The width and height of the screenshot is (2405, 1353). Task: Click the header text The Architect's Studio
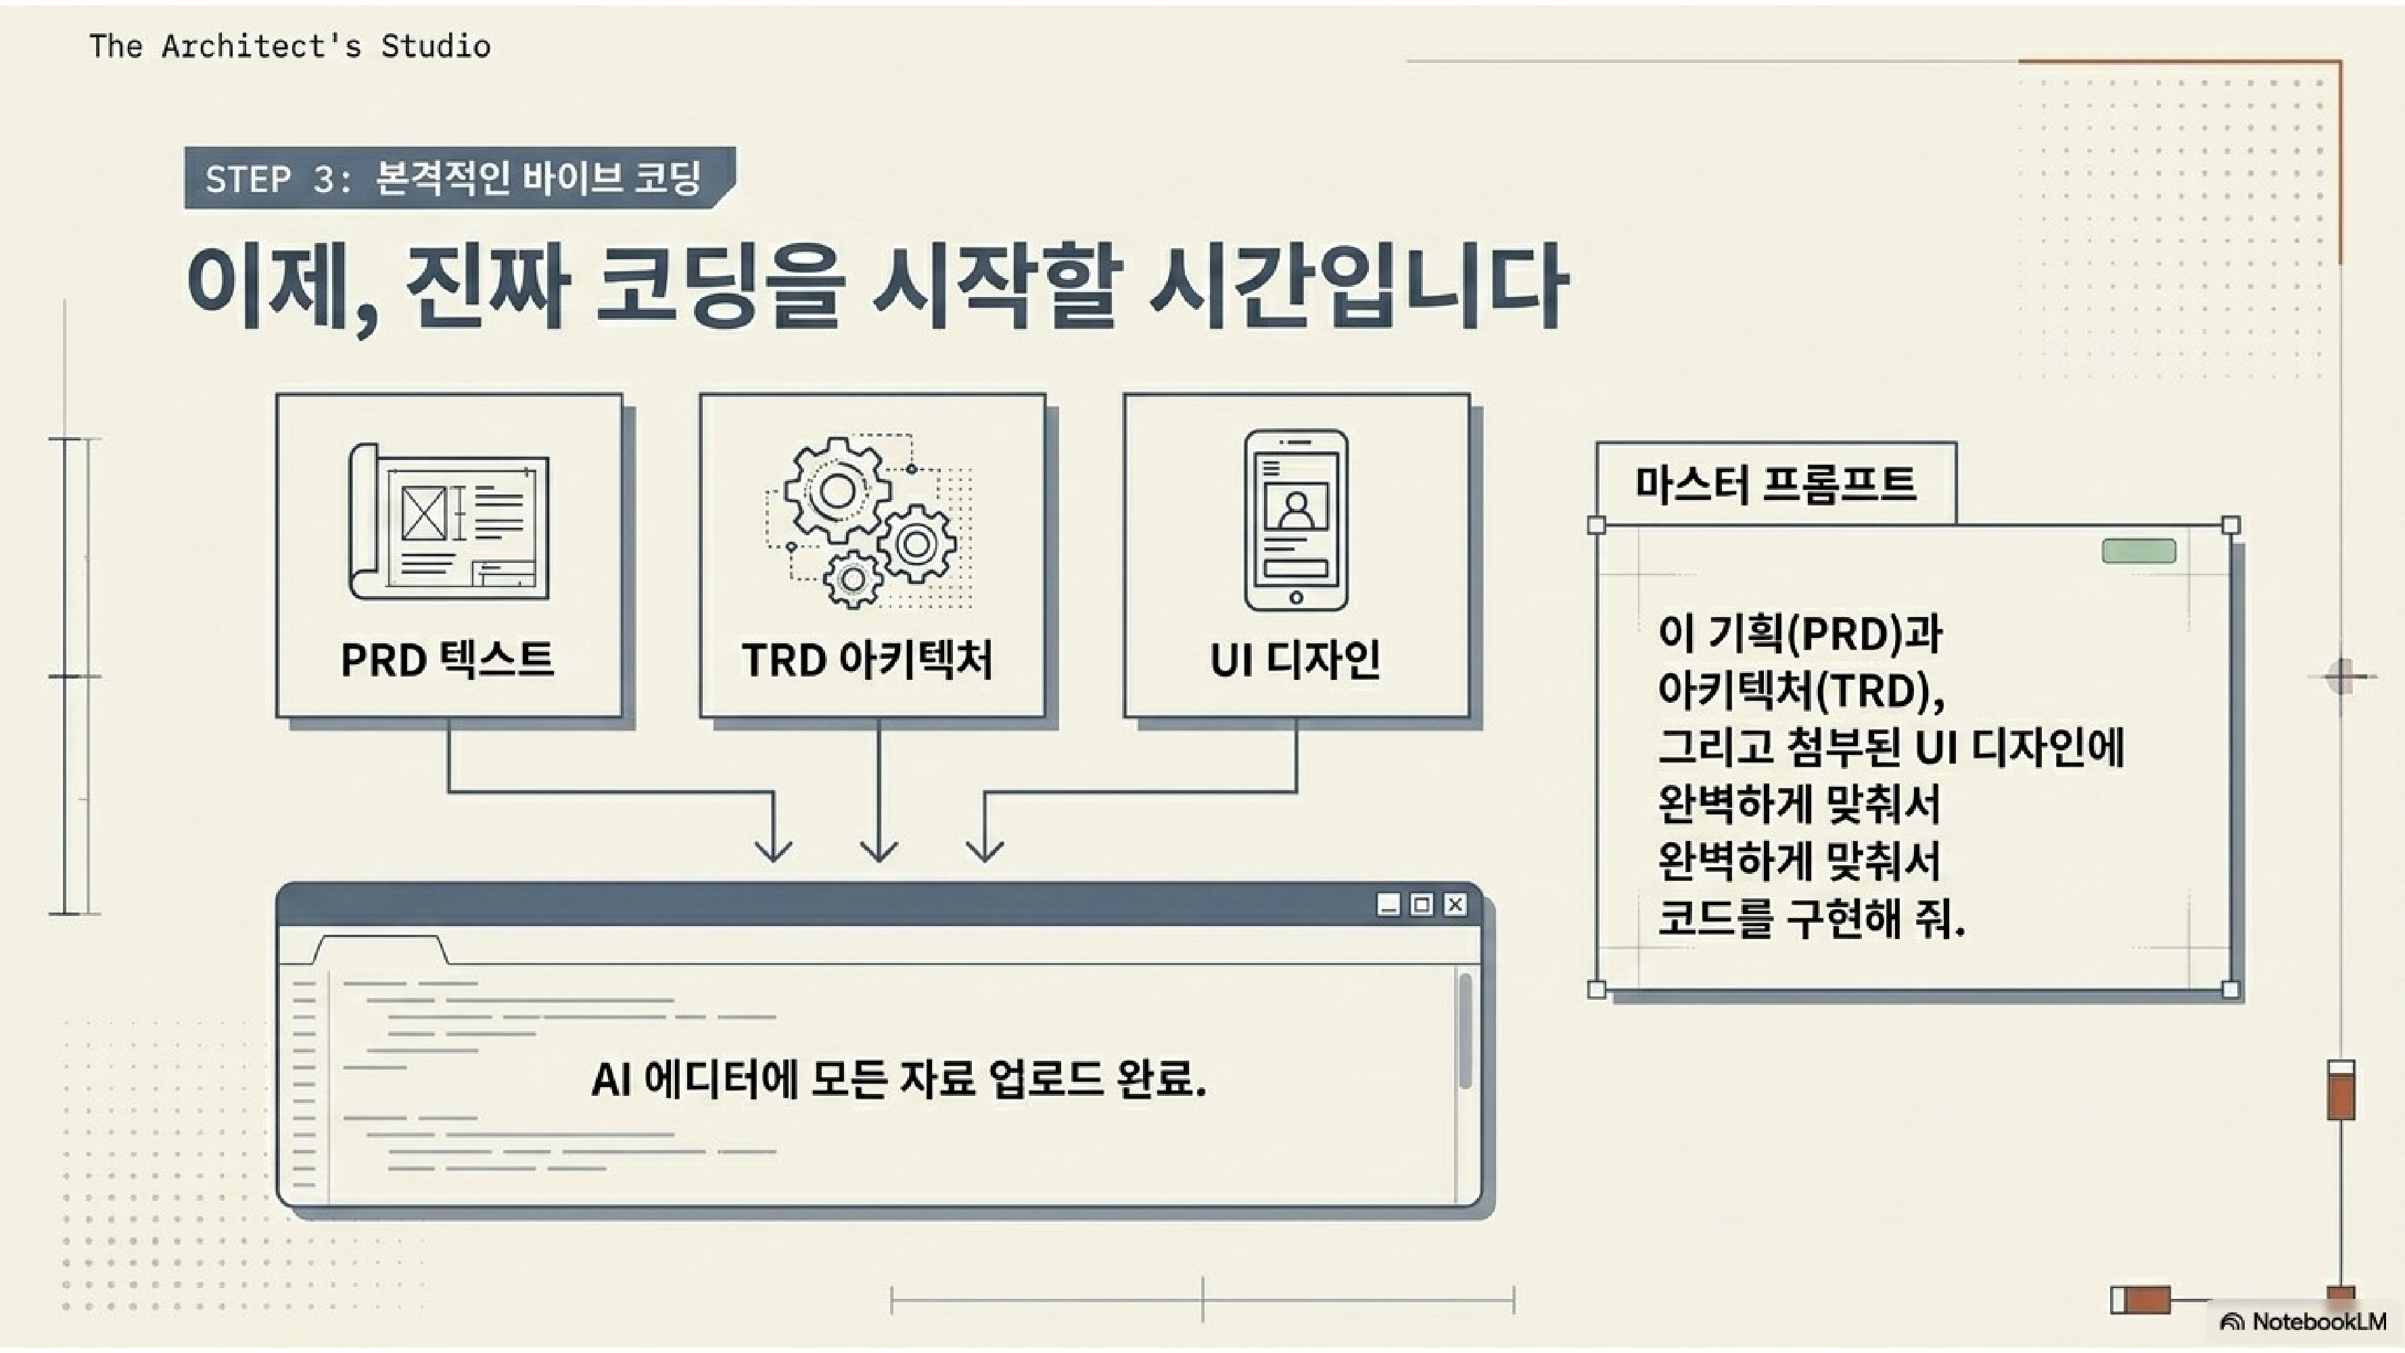289,46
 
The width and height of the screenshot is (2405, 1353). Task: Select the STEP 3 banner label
454,177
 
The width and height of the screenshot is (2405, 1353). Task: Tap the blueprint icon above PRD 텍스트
449,521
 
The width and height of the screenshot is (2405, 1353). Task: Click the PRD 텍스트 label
447,659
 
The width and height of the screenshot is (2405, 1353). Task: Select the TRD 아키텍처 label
867,659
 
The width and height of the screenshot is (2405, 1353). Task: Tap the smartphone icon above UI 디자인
1296,519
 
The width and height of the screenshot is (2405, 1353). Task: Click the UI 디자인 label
1295,659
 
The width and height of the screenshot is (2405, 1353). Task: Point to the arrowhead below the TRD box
879,850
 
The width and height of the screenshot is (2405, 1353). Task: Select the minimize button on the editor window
1388,904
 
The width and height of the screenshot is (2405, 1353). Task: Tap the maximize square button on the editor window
1421,904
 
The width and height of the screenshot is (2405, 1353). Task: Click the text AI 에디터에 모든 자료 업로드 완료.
898,1080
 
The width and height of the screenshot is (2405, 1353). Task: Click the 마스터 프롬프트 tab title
1775,484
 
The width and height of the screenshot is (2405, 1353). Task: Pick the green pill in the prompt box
2138,551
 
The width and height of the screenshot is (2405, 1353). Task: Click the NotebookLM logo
2306,1321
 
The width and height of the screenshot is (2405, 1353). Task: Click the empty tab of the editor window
380,950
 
